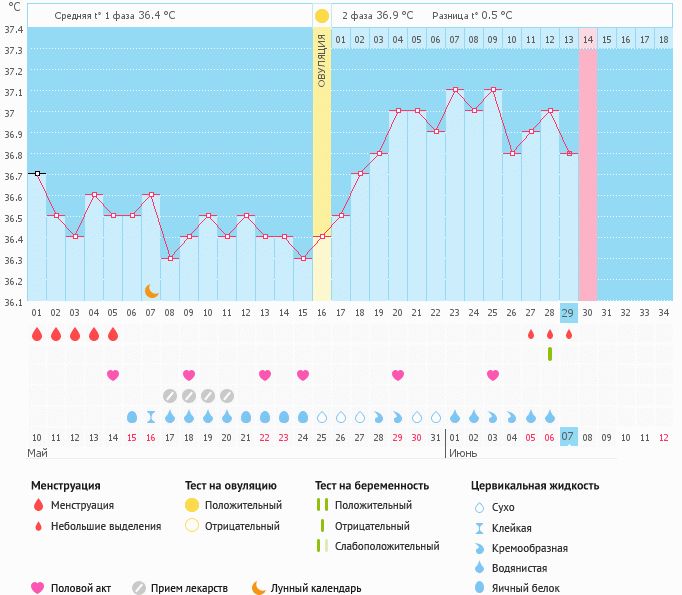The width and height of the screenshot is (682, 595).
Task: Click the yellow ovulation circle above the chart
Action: (321, 16)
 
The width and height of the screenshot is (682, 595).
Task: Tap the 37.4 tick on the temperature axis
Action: (13, 29)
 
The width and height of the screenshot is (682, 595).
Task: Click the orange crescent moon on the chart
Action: (151, 290)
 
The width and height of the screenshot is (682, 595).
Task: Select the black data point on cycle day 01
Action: (37, 173)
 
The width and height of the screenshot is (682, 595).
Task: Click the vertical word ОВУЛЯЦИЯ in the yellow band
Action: (321, 60)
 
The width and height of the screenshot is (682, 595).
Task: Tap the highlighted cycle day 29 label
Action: (568, 313)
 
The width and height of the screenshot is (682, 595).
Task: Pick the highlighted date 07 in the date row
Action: (568, 437)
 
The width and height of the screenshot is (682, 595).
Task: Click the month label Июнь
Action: (463, 453)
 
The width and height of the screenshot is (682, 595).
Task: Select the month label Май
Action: (37, 453)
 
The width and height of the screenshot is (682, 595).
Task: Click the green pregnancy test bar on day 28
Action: (549, 354)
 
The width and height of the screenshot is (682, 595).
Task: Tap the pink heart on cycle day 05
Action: (113, 375)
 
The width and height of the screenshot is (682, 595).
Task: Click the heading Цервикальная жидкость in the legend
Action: (535, 486)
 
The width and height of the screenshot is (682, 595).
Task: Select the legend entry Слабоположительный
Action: (386, 546)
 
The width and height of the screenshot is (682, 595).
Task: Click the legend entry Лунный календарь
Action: (316, 588)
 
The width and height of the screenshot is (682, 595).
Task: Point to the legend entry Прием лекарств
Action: (189, 588)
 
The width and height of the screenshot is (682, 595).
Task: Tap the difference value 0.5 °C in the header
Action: (492, 16)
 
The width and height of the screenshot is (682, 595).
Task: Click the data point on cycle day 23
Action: (454, 89)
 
